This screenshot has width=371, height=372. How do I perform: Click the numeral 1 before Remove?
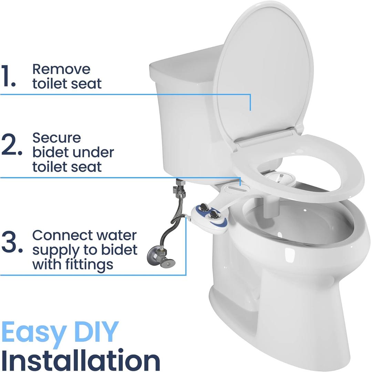(8, 76)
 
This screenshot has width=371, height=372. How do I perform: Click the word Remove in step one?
(61, 69)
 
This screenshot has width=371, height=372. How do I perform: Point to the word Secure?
(56, 138)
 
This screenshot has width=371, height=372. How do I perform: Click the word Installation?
(81, 360)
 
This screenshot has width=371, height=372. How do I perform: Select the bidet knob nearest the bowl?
(214, 215)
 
